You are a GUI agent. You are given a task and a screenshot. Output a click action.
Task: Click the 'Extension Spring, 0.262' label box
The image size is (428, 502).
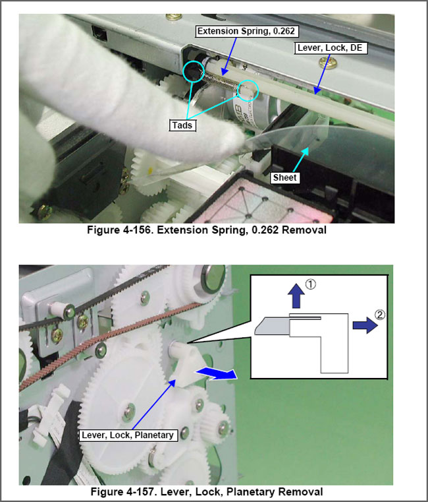[x=246, y=31]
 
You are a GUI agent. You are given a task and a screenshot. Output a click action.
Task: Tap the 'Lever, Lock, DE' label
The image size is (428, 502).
[x=330, y=47]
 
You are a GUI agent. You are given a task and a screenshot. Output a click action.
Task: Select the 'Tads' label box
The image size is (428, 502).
[x=182, y=125]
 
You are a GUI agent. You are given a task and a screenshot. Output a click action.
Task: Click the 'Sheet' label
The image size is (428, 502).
[x=285, y=177]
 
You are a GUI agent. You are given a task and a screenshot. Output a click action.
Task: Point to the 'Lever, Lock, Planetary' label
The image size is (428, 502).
[x=128, y=435]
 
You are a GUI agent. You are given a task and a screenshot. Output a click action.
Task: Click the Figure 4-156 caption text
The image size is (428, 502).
[x=207, y=230]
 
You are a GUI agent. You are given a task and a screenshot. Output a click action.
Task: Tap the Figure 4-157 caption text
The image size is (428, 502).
[x=207, y=491]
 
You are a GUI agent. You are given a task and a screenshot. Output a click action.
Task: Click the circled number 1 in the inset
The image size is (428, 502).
[x=310, y=284]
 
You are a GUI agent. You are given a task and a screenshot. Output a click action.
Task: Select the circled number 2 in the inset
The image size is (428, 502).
[x=380, y=315]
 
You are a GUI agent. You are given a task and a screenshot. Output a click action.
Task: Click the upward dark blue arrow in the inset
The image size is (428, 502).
[x=296, y=296]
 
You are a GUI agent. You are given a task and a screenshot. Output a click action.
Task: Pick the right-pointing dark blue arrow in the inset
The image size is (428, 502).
[x=365, y=325]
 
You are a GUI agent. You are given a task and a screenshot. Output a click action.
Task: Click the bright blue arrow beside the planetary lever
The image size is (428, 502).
[x=217, y=373]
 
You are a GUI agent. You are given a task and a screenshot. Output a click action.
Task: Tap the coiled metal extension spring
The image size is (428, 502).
[x=221, y=81]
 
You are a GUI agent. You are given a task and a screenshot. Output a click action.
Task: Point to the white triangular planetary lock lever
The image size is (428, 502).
[x=186, y=365]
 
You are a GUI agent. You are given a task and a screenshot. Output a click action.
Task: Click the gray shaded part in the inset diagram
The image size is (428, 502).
[x=273, y=326]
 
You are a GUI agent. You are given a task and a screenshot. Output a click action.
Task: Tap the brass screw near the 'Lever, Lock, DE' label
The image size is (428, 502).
[x=329, y=62]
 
